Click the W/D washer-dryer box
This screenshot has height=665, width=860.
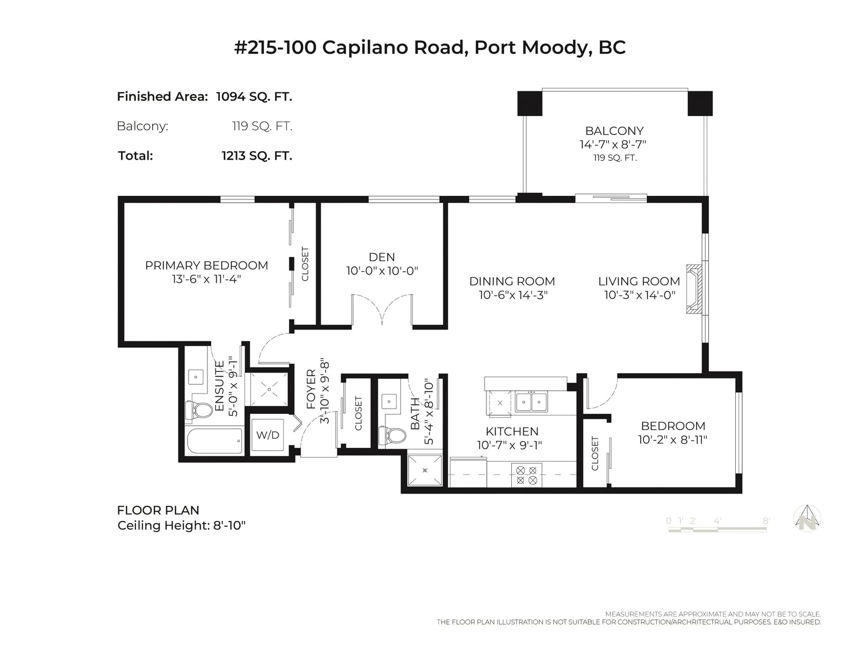tap(268, 434)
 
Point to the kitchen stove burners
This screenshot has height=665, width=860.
tap(526, 475)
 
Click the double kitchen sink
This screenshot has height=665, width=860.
tap(531, 402)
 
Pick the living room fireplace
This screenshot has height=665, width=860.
tap(694, 289)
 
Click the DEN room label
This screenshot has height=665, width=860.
tap(382, 257)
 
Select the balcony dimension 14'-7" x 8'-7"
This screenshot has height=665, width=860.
tap(613, 145)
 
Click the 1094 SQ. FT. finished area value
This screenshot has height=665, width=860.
tap(254, 97)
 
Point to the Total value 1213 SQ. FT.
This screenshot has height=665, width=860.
tap(257, 156)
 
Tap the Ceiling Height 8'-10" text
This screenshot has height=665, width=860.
tap(182, 526)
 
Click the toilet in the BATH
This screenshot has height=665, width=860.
tap(392, 435)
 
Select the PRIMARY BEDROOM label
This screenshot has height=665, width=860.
tap(206, 265)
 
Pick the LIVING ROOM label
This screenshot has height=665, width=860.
tap(639, 281)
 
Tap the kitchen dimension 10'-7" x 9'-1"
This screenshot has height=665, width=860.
tap(510, 445)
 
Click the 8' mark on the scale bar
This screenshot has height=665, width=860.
tap(766, 521)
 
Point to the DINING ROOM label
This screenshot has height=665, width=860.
tap(512, 281)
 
